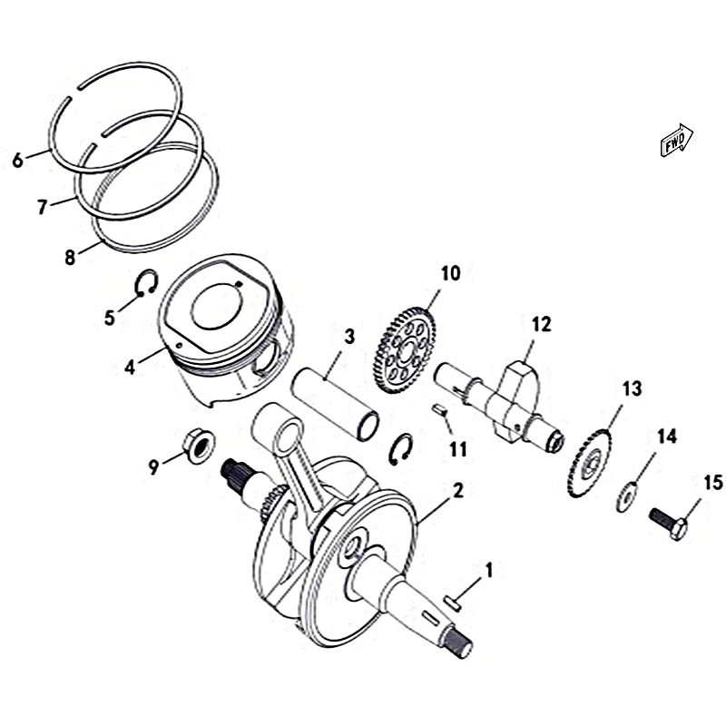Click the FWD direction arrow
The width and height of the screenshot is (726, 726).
676,140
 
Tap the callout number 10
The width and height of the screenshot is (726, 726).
450,273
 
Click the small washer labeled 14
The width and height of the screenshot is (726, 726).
626,496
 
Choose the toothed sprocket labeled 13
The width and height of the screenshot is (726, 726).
589,464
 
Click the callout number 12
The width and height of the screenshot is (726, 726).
541,325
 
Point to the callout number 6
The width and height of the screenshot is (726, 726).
17,161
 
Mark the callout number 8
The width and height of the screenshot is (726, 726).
70,258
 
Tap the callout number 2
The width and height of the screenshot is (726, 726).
457,490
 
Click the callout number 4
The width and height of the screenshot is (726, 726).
130,368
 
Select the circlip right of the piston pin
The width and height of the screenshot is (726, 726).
401,449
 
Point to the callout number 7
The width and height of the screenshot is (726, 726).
43,207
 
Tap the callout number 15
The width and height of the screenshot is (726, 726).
713,483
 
